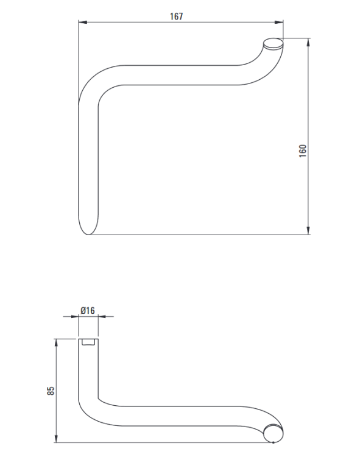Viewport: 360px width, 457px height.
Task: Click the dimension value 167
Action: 177,16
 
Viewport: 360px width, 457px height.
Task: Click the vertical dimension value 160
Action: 303,151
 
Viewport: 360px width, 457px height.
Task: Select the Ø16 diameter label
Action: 88,310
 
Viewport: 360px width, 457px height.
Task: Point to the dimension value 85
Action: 51,391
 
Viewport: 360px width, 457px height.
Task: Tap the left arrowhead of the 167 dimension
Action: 83,22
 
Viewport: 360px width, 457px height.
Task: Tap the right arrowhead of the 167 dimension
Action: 279,22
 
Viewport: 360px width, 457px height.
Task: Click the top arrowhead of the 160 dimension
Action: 308,42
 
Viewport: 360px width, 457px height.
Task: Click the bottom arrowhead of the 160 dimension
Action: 308,230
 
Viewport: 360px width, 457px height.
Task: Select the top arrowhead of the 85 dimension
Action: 56,343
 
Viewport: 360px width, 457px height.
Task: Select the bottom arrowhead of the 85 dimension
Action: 56,438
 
